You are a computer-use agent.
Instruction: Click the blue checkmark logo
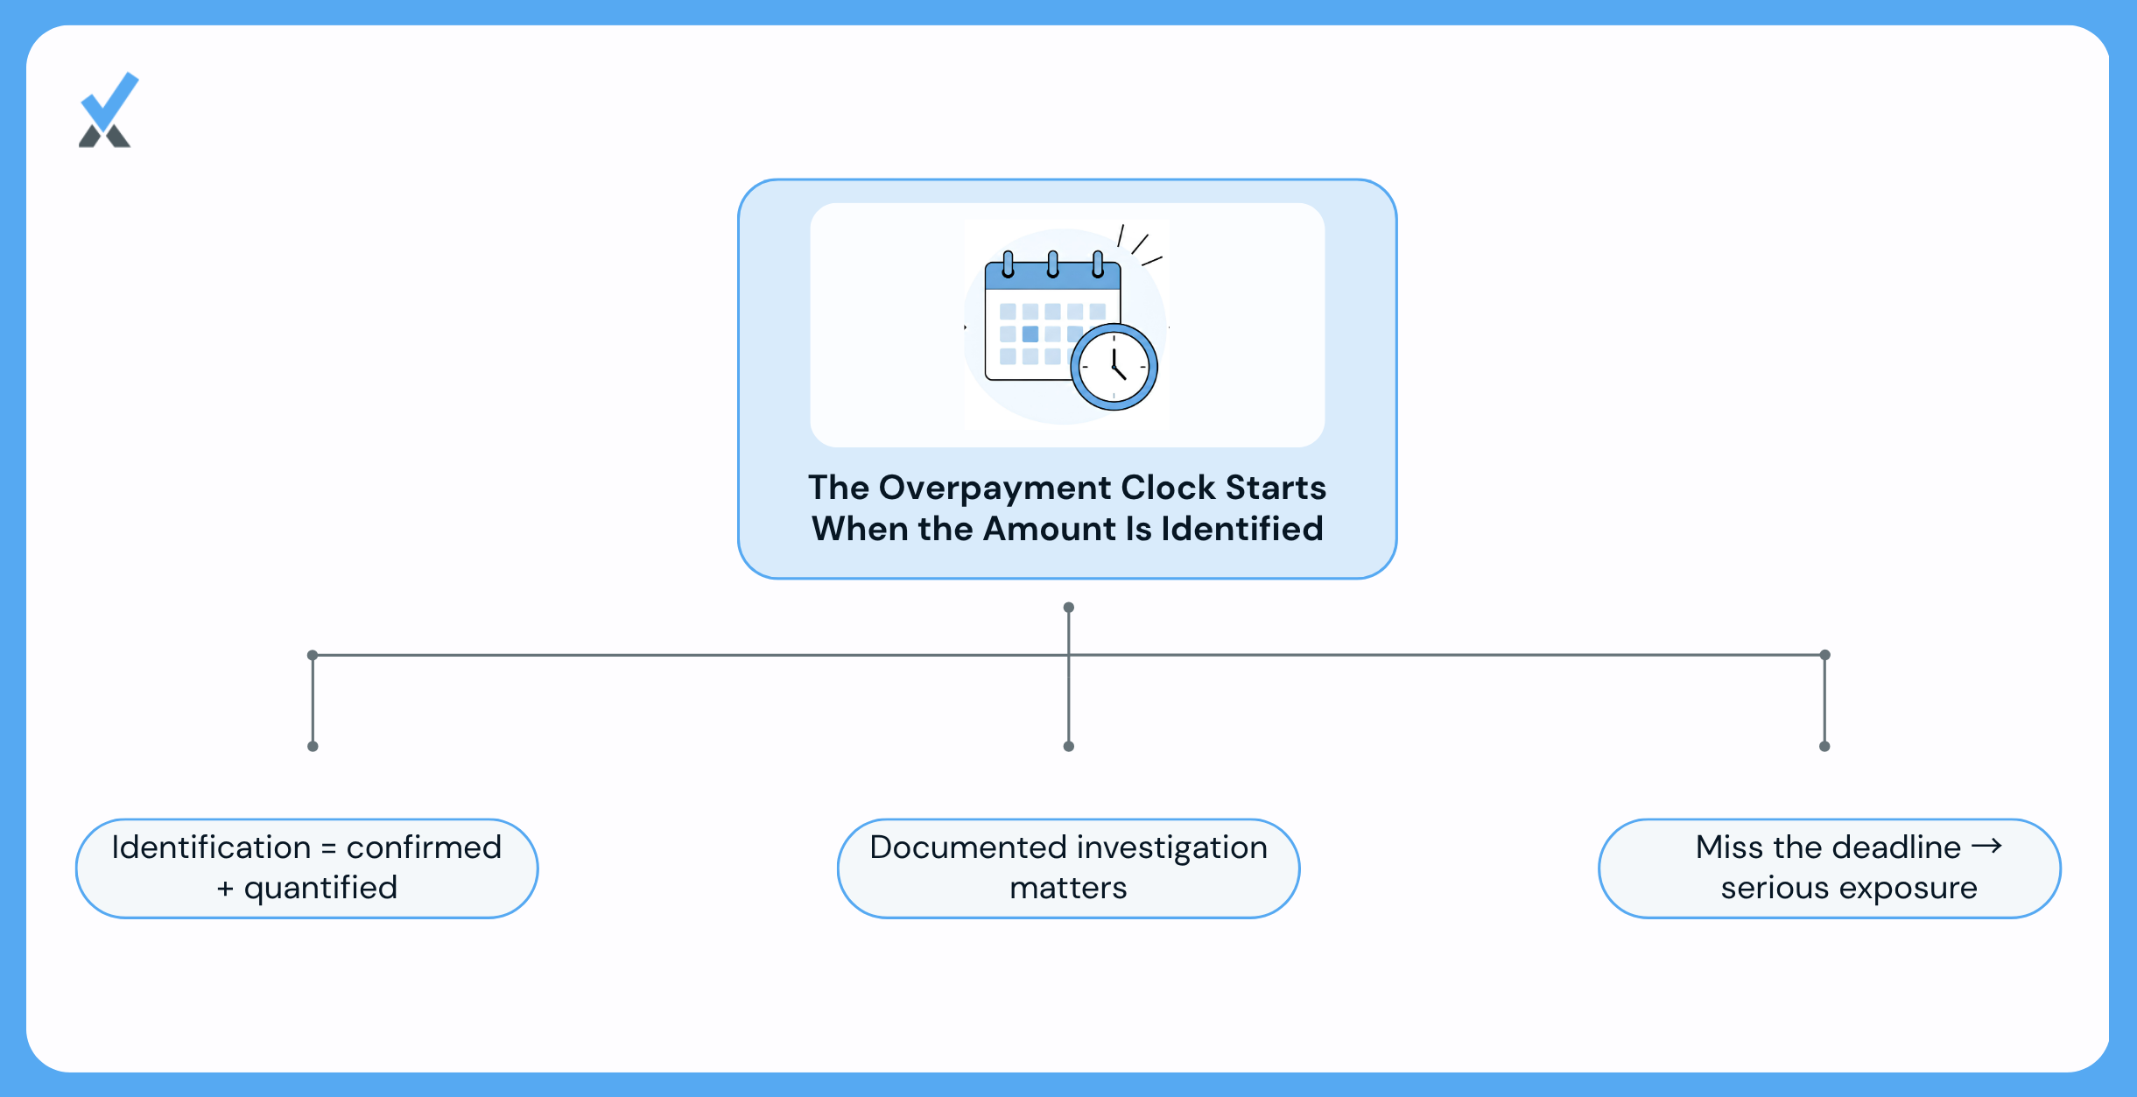tap(109, 109)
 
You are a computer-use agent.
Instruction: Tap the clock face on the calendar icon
tap(1114, 367)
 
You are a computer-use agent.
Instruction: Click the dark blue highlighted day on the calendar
tap(1030, 334)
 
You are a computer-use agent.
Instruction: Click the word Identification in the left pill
tap(211, 847)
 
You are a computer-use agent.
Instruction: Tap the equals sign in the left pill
tap(328, 848)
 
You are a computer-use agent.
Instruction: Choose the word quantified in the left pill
tap(320, 889)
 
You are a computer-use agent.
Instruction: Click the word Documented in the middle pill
tap(967, 847)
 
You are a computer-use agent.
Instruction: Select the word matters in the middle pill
tap(1068, 889)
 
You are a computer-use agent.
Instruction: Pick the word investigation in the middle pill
tap(1172, 848)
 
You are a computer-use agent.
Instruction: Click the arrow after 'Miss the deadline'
tap(1986, 846)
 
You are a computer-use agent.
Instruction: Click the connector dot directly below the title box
tap(1069, 608)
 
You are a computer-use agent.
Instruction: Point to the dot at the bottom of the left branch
tap(313, 747)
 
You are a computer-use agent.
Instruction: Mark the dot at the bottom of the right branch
tap(1824, 747)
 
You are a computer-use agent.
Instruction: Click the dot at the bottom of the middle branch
tap(1069, 747)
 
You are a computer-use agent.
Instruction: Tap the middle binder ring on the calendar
tap(1053, 264)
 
